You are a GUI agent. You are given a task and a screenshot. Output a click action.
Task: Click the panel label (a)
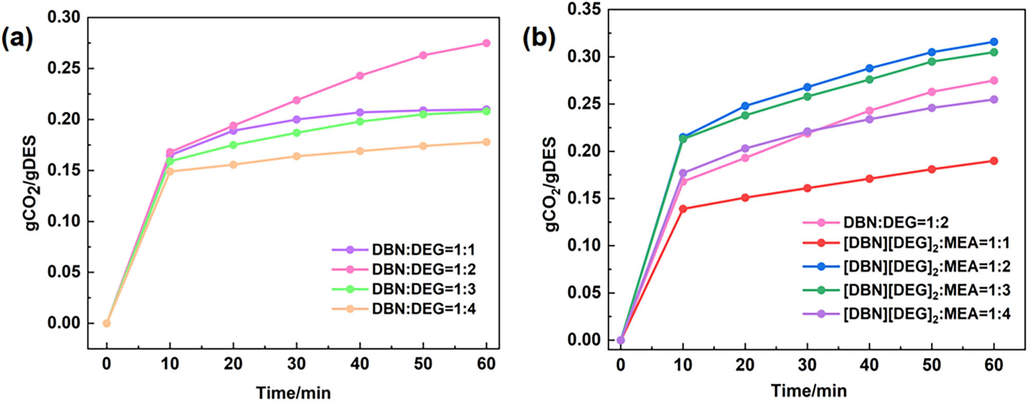17,39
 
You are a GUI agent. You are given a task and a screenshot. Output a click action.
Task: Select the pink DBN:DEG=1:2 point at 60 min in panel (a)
486,43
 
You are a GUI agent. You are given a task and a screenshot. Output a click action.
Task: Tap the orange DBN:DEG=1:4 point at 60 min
486,142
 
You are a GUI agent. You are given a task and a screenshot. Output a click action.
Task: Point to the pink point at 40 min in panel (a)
360,76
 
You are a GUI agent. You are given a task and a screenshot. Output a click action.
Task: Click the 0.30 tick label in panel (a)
64,17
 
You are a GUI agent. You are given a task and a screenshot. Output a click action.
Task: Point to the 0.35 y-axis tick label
584,10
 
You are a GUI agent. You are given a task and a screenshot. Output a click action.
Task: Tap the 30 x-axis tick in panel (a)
297,364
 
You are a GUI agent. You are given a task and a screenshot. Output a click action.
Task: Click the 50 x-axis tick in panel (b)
931,365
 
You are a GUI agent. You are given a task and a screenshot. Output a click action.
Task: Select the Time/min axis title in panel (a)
293,393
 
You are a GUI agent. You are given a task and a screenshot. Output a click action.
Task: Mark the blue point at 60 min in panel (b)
994,42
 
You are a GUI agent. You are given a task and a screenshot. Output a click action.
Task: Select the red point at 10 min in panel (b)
683,209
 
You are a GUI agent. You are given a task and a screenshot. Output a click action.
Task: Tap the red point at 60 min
994,161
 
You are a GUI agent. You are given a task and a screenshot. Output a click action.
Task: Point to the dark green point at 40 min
869,80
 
